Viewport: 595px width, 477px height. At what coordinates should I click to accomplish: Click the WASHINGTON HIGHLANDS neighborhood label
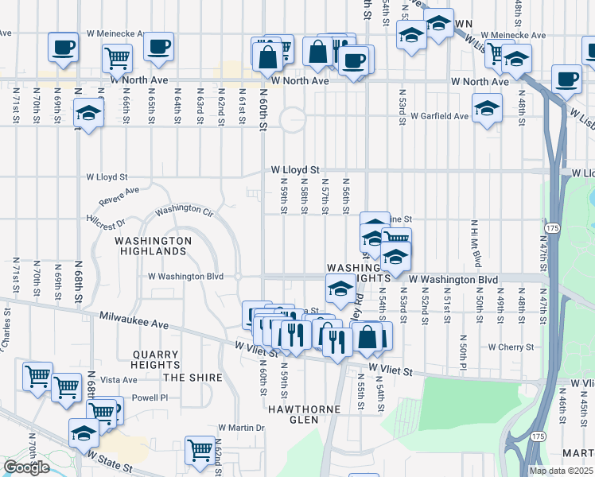click(x=153, y=245)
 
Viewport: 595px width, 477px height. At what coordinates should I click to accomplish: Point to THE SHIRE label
click(x=192, y=377)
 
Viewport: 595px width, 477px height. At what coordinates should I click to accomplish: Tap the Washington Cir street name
click(x=185, y=211)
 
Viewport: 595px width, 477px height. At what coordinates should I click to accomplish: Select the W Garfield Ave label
click(x=438, y=116)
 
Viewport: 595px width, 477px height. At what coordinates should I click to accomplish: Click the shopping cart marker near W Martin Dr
click(x=200, y=450)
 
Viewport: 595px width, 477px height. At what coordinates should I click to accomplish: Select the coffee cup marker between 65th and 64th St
click(x=158, y=45)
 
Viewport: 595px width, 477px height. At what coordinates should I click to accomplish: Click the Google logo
click(x=26, y=467)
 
